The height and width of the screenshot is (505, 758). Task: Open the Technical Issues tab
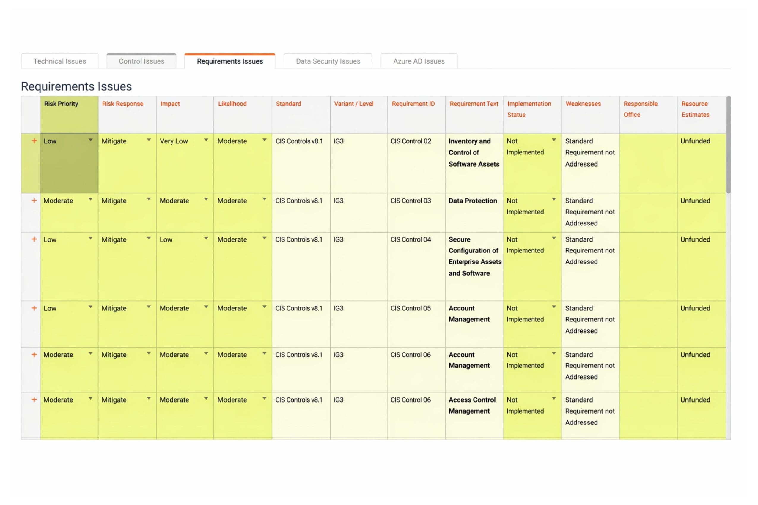[60, 61]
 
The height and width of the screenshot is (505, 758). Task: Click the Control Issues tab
[141, 61]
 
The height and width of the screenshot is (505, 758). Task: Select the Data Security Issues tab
[328, 61]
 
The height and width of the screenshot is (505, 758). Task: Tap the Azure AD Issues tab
[419, 61]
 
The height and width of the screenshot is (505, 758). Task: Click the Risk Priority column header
[61, 104]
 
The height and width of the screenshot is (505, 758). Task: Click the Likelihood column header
[232, 104]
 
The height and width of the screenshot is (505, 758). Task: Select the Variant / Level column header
[353, 104]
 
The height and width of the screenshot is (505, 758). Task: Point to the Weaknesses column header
[583, 104]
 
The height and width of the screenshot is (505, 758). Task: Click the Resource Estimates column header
[695, 109]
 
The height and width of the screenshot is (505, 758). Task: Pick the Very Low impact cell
[174, 141]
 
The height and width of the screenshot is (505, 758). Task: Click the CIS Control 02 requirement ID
[411, 141]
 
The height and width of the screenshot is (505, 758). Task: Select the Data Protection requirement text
[472, 201]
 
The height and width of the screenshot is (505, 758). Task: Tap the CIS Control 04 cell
[411, 239]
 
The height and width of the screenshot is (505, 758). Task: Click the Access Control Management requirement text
[472, 405]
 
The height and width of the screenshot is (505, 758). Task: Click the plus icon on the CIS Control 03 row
[34, 200]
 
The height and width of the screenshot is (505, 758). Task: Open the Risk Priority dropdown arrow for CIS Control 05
[91, 307]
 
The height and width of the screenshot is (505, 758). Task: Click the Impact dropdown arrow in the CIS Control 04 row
[206, 238]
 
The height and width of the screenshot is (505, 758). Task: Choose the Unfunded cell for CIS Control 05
[695, 308]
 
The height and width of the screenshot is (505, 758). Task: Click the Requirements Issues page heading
[76, 86]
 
